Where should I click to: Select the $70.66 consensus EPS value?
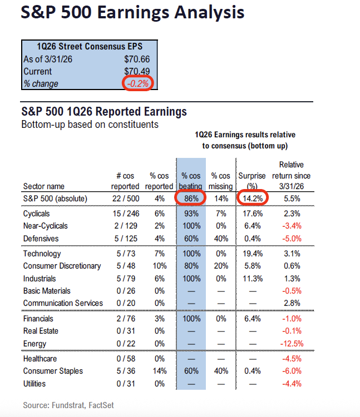tap(137, 59)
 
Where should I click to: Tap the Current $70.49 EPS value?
tap(137, 71)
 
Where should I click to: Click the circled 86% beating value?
tap(190, 198)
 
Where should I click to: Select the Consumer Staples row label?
tap(53, 371)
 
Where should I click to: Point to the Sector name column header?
tap(43, 186)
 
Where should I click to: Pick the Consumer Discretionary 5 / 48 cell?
tap(125, 266)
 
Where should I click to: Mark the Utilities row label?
tap(34, 384)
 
